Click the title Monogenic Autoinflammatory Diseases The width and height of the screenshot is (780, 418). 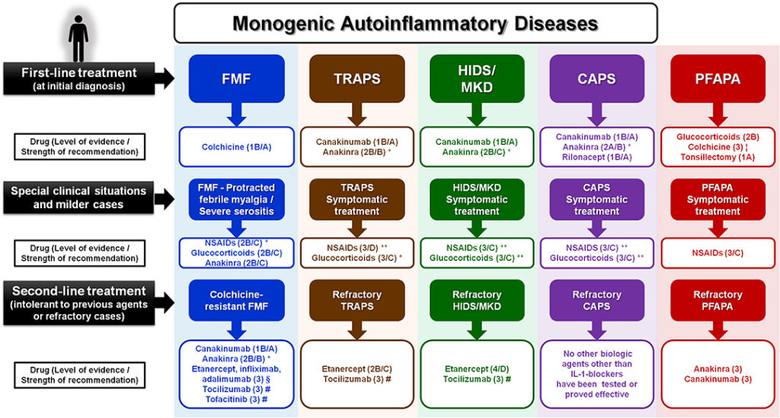coord(415,23)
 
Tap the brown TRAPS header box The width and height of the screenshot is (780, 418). coord(356,79)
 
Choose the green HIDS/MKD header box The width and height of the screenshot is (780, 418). coord(477,79)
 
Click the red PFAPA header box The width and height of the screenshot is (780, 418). coord(717,79)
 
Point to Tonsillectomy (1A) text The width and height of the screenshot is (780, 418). coord(717,158)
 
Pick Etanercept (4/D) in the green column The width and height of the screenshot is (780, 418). coord(477,369)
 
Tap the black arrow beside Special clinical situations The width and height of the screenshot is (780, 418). coord(163,201)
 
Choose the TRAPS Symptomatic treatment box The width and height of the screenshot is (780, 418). coord(356,201)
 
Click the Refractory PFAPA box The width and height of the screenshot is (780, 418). coord(717,301)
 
